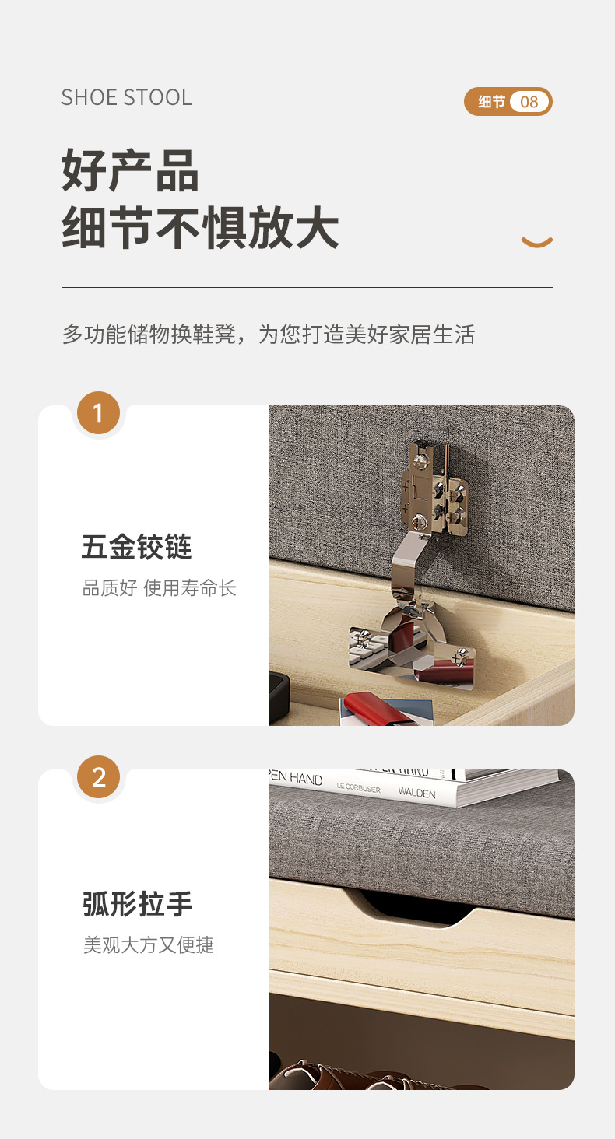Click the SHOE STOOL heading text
tap(126, 97)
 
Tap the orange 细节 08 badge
tap(508, 102)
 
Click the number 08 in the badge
tap(529, 102)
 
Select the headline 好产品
tap(130, 171)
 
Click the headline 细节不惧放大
tap(200, 228)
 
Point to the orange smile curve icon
tap(536, 242)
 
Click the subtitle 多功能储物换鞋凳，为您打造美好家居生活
tap(268, 335)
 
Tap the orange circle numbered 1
tap(98, 413)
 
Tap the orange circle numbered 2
tap(98, 777)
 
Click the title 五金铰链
tap(136, 547)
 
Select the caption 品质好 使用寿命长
tap(159, 588)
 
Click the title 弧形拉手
tap(137, 904)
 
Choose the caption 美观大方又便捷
tap(148, 945)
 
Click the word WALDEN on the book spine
tap(416, 793)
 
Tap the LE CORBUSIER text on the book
tap(358, 788)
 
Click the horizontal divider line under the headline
tap(307, 288)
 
